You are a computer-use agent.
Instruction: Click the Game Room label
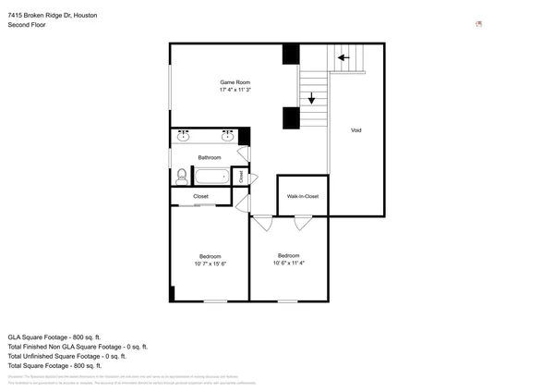[x=235, y=82]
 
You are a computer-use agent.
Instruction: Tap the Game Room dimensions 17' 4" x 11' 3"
[x=235, y=91]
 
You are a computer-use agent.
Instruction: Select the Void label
[x=355, y=130]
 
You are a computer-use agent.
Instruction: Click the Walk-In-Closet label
[x=303, y=196]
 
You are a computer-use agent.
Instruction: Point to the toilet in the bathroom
[x=181, y=176]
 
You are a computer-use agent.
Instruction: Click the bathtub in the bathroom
[x=211, y=176]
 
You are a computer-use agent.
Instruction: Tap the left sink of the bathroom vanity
[x=183, y=137]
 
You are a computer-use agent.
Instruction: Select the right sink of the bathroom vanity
[x=227, y=137]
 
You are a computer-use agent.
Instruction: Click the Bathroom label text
[x=209, y=158]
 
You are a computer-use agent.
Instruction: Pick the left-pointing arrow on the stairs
[x=343, y=57]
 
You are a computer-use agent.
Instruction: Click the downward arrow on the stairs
[x=312, y=96]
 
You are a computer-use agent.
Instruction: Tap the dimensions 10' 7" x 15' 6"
[x=211, y=263]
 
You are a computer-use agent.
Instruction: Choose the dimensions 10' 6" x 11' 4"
[x=288, y=263]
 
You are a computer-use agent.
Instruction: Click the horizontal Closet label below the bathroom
[x=200, y=196]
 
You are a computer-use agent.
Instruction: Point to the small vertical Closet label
[x=242, y=176]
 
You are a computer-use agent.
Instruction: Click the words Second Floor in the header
[x=27, y=25]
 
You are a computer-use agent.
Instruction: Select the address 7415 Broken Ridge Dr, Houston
[x=52, y=16]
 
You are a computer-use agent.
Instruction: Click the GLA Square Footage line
[x=54, y=337]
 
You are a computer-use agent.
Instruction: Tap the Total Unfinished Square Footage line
[x=66, y=356]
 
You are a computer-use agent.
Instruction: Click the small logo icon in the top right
[x=478, y=24]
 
